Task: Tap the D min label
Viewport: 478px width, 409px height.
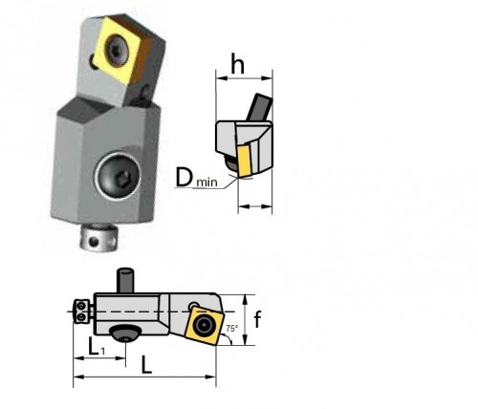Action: click(199, 177)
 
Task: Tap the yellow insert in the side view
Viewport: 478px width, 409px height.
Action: click(246, 161)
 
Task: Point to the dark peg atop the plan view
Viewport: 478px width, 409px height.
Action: click(123, 283)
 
